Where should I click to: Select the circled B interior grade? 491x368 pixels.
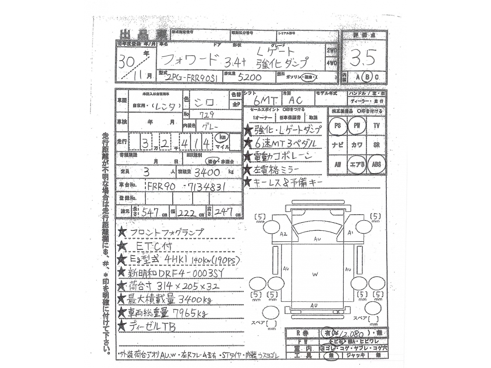pos(367,77)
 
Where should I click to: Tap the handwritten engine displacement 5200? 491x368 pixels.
pos(249,77)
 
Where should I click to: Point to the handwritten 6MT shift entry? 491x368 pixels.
pos(265,100)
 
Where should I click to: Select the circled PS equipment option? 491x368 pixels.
pos(338,126)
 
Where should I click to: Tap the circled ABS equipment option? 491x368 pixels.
pos(376,164)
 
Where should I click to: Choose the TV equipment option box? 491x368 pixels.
pos(376,126)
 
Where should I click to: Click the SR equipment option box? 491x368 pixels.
pos(376,145)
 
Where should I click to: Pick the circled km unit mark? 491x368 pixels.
pos(222,137)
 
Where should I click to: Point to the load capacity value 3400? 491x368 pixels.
pos(207,172)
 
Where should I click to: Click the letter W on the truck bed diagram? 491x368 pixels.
pos(315,274)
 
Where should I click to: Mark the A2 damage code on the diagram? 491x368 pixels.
pos(283,233)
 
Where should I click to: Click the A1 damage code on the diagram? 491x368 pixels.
pos(350,233)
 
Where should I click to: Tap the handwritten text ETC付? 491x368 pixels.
pos(154,246)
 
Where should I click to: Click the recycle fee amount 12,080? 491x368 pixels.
pos(350,334)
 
